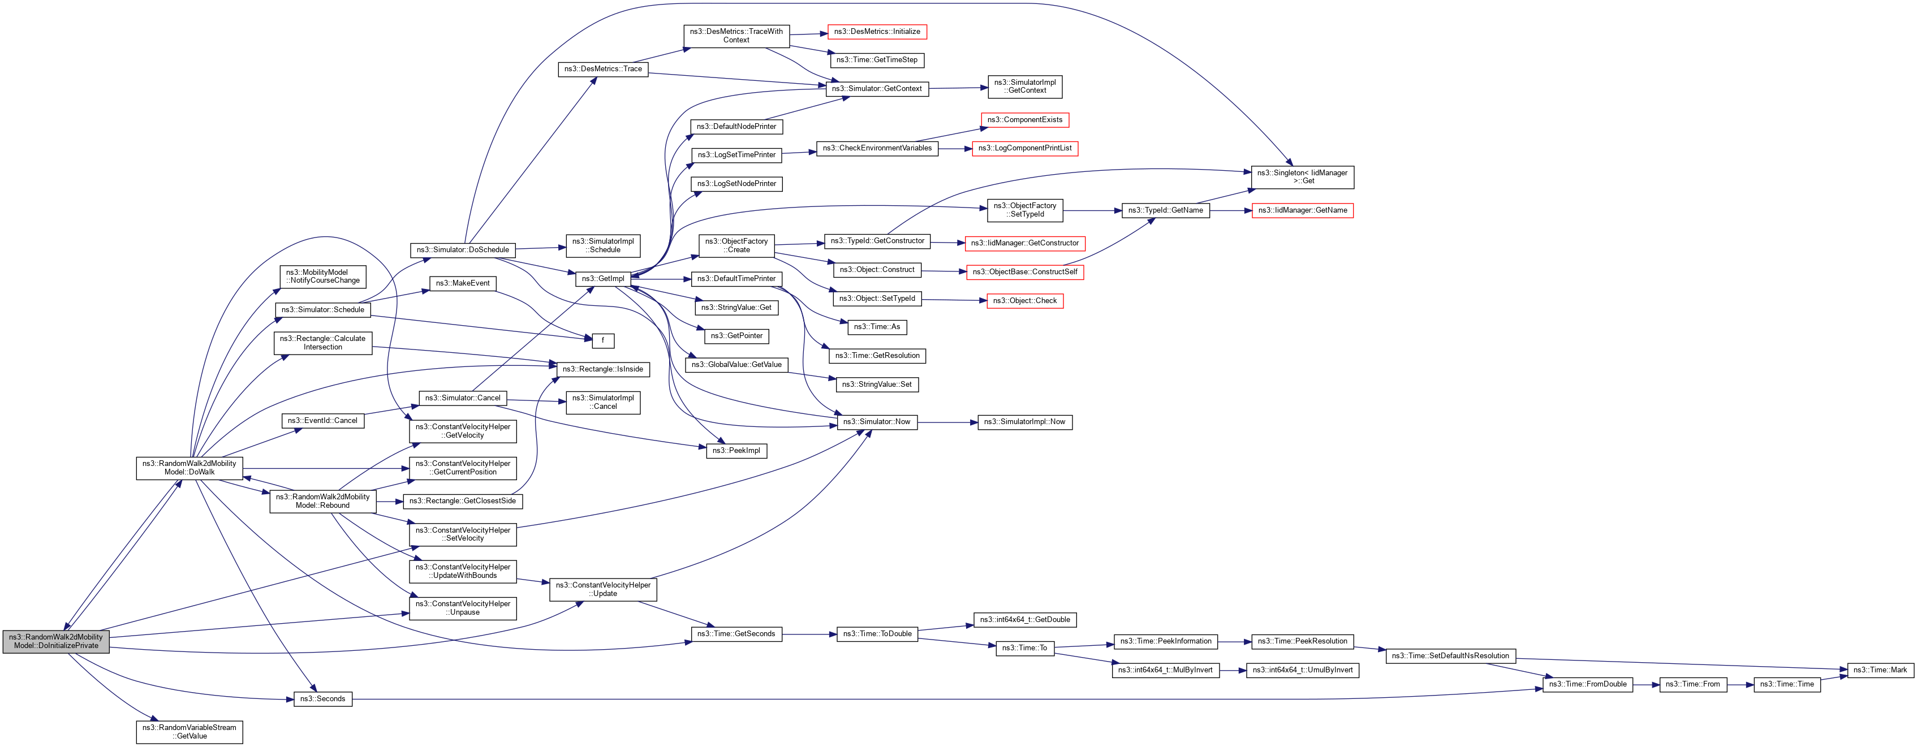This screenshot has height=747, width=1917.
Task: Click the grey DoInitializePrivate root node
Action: click(56, 641)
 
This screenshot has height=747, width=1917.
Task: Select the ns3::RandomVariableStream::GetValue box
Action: click(189, 731)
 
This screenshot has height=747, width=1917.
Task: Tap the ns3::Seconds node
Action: click(322, 698)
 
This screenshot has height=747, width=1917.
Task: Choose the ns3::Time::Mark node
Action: click(1879, 670)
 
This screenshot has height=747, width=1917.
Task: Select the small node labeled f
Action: click(603, 341)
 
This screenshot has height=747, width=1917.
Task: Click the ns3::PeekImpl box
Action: click(736, 450)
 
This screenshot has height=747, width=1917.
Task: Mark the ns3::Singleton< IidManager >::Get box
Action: click(1302, 177)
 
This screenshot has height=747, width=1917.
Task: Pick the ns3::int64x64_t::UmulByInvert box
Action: click(1302, 670)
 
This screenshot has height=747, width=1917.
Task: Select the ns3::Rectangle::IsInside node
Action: click(603, 369)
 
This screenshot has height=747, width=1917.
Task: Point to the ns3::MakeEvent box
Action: click(462, 283)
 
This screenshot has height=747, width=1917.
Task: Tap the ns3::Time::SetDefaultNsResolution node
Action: click(1450, 655)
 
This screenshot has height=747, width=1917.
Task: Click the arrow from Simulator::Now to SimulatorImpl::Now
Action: click(946, 422)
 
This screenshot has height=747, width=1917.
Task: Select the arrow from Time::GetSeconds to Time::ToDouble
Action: click(809, 634)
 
